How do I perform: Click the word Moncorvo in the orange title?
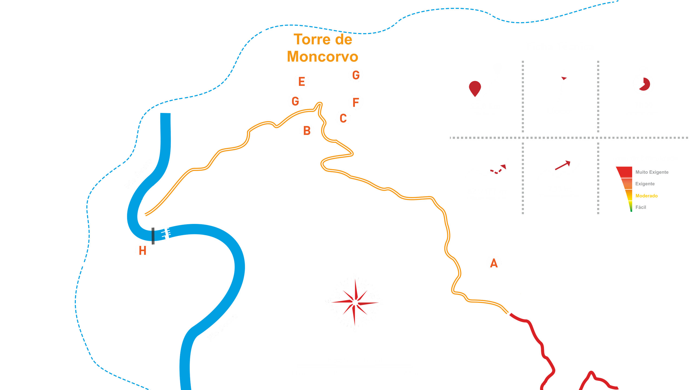pyautogui.click(x=322, y=57)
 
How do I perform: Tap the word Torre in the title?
pyautogui.click(x=309, y=40)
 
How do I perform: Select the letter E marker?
pyautogui.click(x=302, y=82)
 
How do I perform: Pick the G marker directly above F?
pyautogui.click(x=356, y=75)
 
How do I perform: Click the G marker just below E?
pyautogui.click(x=295, y=101)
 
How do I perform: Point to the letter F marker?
pyautogui.click(x=356, y=102)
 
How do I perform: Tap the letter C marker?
pyautogui.click(x=343, y=118)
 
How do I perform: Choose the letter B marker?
pyautogui.click(x=307, y=131)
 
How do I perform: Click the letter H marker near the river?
pyautogui.click(x=142, y=251)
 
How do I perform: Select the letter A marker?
pyautogui.click(x=494, y=263)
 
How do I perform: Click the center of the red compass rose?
pyautogui.click(x=355, y=302)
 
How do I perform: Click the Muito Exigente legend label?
pyautogui.click(x=652, y=172)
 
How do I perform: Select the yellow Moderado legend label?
pyautogui.click(x=646, y=196)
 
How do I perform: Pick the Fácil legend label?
pyautogui.click(x=641, y=207)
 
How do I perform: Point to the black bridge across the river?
pyautogui.click(x=153, y=236)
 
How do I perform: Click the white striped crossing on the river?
pyautogui.click(x=166, y=233)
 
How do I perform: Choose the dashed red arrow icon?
pyautogui.click(x=499, y=169)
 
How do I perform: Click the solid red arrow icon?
pyautogui.click(x=563, y=165)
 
